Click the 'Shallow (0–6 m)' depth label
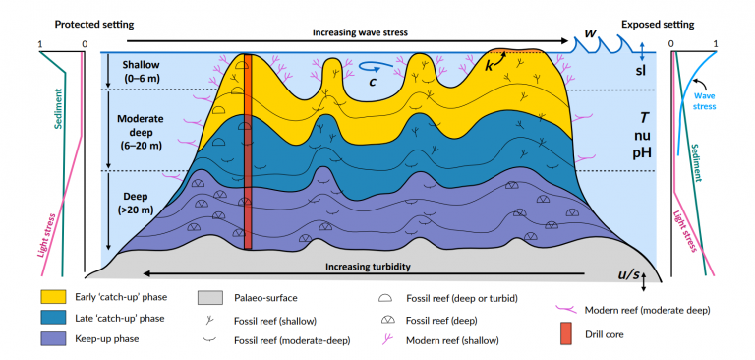tap(137, 72)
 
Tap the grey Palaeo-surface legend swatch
tap(209, 296)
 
